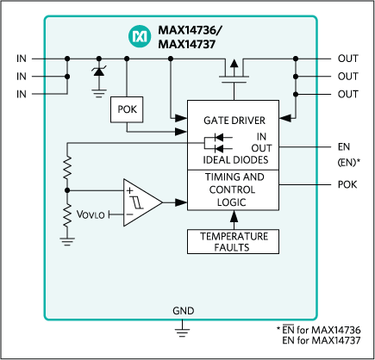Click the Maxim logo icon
point(139,35)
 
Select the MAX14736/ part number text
point(190,29)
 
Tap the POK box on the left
point(128,109)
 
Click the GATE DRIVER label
point(234,120)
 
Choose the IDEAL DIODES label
point(234,160)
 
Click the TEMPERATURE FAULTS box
point(234,241)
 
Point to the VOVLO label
point(91,214)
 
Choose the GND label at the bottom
point(183,311)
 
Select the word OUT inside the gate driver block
point(262,148)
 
